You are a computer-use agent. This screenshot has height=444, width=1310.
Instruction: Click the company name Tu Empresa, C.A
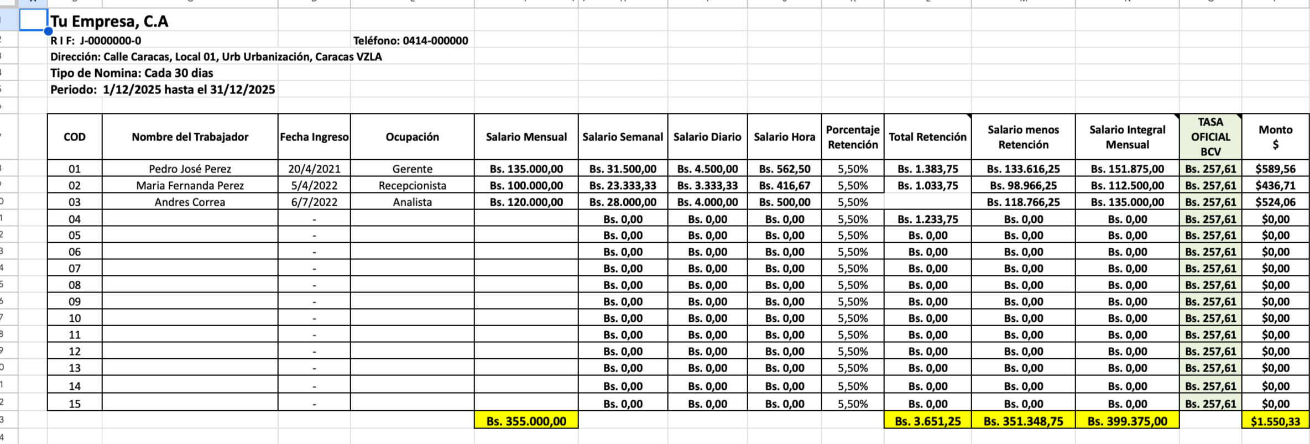109,22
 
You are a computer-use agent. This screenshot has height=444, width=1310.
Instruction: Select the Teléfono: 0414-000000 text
410,40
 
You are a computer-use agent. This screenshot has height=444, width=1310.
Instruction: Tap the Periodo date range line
163,90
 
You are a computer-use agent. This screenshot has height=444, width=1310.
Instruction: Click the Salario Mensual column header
526,137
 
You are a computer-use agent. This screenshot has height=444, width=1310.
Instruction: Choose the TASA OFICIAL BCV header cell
1210,137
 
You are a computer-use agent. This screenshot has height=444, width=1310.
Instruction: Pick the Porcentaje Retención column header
852,137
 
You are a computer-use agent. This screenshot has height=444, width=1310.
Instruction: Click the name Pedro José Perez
190,169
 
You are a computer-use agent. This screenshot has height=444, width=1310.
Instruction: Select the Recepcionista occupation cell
412,186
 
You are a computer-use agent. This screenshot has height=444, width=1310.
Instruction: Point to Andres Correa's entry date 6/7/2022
314,202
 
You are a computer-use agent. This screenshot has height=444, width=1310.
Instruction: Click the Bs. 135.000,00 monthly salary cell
526,169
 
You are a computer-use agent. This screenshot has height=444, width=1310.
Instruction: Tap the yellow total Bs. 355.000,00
526,421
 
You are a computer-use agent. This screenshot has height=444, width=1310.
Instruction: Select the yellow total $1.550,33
1275,421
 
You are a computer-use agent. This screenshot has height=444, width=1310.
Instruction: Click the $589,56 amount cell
1275,169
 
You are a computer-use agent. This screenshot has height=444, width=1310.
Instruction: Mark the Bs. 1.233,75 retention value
927,219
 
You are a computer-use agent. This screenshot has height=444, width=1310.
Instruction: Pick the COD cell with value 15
75,404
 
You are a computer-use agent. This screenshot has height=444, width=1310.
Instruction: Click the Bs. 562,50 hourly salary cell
784,169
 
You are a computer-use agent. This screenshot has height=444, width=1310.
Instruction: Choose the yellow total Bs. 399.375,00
1127,421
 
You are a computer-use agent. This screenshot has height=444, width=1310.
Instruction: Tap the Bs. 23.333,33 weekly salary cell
623,186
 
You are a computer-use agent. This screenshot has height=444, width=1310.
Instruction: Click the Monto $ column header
1275,137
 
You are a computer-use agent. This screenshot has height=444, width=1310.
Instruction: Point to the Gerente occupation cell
412,169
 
